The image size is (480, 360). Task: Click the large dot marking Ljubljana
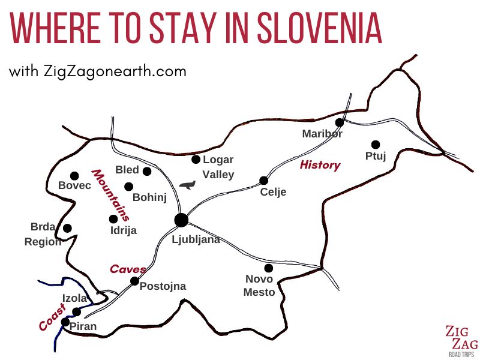[181, 220]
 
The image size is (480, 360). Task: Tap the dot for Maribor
[339, 122]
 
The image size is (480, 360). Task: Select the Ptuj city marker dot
[376, 145]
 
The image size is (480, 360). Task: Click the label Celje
[274, 193]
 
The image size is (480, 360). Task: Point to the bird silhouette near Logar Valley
[188, 185]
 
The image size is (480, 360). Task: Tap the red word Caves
[128, 269]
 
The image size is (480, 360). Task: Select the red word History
[320, 165]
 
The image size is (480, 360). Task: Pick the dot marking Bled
[147, 171]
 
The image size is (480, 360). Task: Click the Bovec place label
[74, 186]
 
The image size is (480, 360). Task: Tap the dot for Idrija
[113, 219]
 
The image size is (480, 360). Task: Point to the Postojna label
[163, 287]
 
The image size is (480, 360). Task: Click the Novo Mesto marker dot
[268, 268]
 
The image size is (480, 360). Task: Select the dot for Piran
[65, 322]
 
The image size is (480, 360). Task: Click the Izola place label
[75, 298]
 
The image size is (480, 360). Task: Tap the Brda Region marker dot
[67, 228]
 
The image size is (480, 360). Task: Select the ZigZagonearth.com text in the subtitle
[115, 71]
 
